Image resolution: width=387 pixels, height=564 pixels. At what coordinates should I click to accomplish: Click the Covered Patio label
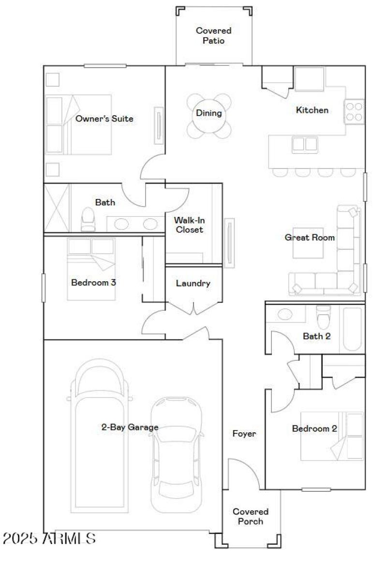point(213,36)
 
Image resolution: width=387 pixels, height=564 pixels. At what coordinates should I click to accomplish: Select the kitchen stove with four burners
point(354,111)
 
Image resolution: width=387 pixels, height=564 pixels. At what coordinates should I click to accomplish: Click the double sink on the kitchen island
point(305,144)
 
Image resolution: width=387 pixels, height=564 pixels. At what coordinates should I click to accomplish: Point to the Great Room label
point(310,237)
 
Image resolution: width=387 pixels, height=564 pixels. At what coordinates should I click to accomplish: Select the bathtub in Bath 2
point(352,330)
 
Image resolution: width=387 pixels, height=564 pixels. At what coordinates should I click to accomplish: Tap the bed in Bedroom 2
point(334,436)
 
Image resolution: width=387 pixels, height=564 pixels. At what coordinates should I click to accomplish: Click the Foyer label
point(244,434)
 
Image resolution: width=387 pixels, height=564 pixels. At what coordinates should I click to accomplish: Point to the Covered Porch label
point(251,516)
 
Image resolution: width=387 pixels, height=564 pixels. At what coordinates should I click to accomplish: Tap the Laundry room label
point(193,284)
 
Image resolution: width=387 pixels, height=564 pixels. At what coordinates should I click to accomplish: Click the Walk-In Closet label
point(189,225)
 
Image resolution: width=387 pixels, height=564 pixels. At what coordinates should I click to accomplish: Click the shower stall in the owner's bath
point(57,208)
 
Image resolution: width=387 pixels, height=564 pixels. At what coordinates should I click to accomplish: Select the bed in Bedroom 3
point(91,269)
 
